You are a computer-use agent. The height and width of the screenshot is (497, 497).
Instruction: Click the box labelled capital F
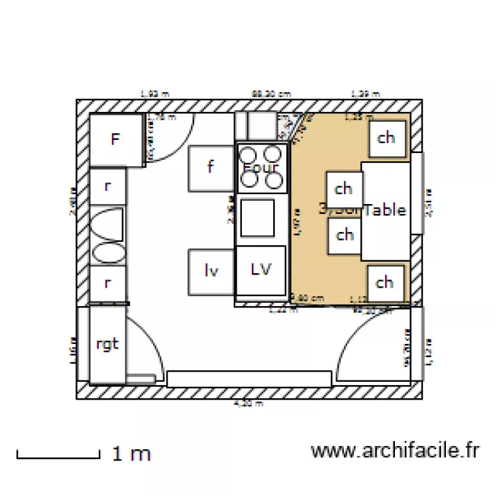[x=116, y=139]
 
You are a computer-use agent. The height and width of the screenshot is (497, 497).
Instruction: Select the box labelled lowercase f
[x=211, y=168]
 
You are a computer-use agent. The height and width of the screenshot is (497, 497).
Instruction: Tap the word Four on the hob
[x=260, y=168]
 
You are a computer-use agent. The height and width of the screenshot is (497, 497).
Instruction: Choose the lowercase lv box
[x=211, y=270]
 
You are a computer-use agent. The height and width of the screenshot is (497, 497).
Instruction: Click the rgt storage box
[x=107, y=344]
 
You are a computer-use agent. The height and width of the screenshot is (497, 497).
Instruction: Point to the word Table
[x=385, y=210]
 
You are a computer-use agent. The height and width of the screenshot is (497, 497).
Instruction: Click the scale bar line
[x=58, y=456]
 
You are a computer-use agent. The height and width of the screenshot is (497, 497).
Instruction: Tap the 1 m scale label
[x=132, y=454]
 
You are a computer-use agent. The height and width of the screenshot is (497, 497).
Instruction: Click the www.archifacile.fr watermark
[x=394, y=451]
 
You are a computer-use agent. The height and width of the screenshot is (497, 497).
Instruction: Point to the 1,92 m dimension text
[x=154, y=94]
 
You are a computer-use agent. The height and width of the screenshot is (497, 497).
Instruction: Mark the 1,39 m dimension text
[x=365, y=94]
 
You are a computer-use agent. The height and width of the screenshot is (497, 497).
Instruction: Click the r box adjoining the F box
[x=107, y=186]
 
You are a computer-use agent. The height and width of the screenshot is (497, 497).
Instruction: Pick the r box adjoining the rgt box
[x=107, y=284]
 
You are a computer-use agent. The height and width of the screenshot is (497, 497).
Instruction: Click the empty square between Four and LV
[x=257, y=218]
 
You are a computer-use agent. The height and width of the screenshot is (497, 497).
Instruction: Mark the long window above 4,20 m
[x=248, y=378]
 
